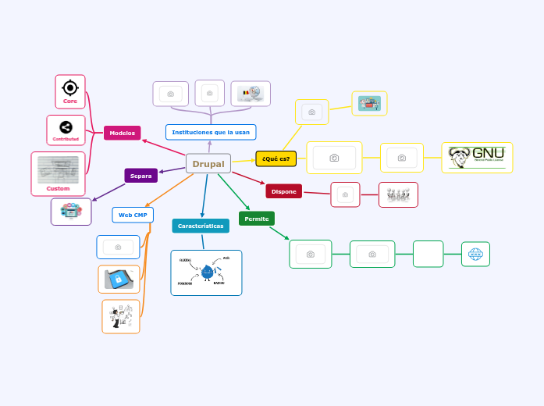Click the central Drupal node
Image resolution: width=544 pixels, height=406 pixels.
coord(208,164)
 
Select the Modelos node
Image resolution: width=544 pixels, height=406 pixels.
coord(122,133)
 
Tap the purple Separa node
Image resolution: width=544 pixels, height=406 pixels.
coord(140,176)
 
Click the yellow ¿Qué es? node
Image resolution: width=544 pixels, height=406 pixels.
coord(276,158)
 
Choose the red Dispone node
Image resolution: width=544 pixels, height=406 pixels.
coord(283,191)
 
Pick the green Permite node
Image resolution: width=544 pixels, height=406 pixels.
coord(256,219)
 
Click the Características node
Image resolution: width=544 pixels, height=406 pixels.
coord(201,226)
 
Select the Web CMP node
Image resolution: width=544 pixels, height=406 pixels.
coord(133,215)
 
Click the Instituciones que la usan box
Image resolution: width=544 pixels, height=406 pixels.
coord(211,132)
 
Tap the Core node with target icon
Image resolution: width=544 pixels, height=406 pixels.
coord(70,91)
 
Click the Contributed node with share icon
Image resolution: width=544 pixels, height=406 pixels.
coord(66,130)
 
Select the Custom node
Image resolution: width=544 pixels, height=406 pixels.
coord(58,173)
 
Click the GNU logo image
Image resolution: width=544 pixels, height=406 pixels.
coord(476,158)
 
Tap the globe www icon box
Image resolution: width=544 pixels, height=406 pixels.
coord(475,254)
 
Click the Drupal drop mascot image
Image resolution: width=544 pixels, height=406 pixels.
coord(207,272)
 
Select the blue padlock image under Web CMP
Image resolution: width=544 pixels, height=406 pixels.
coord(119,279)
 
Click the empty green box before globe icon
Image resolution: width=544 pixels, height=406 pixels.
coord(428,254)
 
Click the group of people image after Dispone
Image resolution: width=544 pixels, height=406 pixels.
coord(398,194)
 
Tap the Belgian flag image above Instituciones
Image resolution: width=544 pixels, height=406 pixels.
coord(251,94)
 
